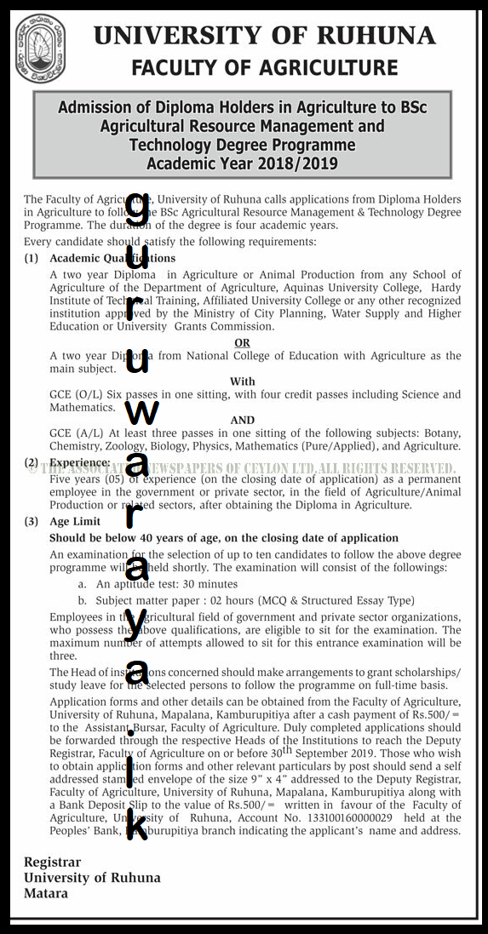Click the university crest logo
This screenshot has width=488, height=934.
pos(40,49)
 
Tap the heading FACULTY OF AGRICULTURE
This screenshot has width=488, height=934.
pos(265,68)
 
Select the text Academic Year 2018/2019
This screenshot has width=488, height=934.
pos(242,163)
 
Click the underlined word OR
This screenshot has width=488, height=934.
pos(243,343)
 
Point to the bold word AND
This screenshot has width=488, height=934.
pos(243,420)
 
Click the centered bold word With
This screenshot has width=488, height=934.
pos(243,381)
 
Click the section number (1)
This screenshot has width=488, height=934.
pos(32,258)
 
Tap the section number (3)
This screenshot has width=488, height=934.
pos(32,521)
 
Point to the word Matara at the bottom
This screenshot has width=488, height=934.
pos(46,894)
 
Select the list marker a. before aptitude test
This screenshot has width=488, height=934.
pos(82,584)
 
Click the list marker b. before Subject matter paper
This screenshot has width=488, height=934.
pos(82,599)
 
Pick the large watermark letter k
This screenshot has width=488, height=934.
pos(136,825)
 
